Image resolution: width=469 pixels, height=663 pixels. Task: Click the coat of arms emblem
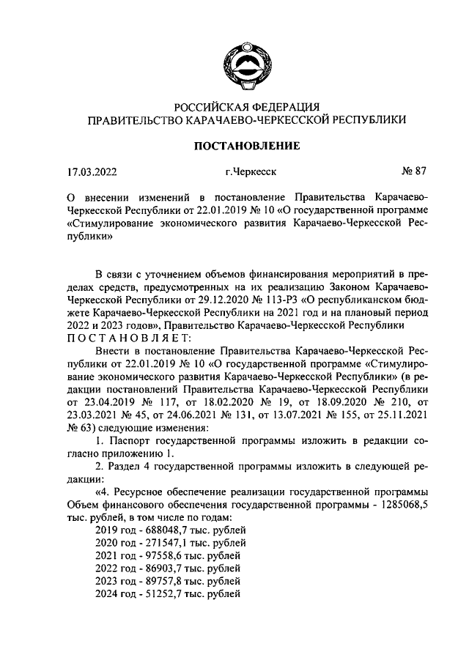point(247,66)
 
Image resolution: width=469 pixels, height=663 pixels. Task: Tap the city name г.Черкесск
point(251,174)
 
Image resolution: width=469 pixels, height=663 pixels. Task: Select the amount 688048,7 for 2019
point(169,528)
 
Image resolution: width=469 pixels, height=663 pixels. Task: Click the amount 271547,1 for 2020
point(169,542)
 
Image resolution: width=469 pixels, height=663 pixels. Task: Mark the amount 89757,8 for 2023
point(166,581)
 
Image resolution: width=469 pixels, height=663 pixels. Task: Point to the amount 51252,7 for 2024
point(166,594)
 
